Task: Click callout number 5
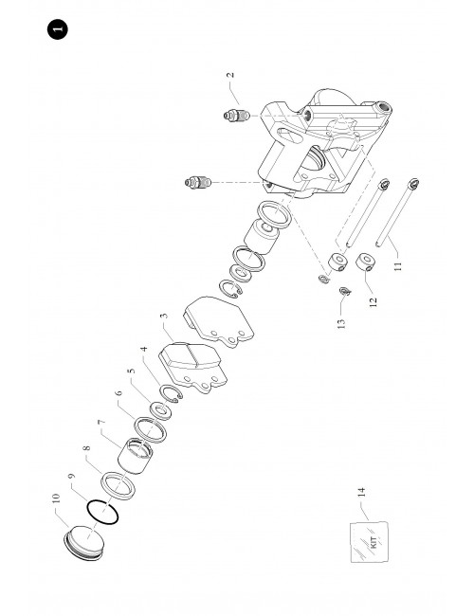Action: coord(131,371)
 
